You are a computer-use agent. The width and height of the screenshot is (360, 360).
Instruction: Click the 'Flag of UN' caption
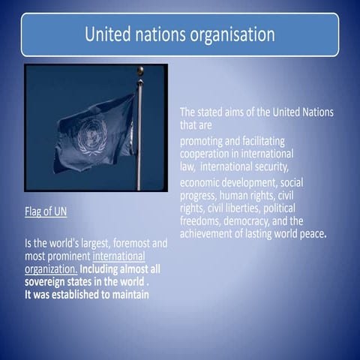(x=46, y=211)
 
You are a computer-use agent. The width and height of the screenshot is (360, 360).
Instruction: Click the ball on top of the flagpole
(x=140, y=70)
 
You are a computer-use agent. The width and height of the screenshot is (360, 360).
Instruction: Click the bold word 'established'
(x=80, y=294)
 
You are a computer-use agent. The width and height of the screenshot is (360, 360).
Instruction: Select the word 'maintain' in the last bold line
(x=128, y=294)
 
